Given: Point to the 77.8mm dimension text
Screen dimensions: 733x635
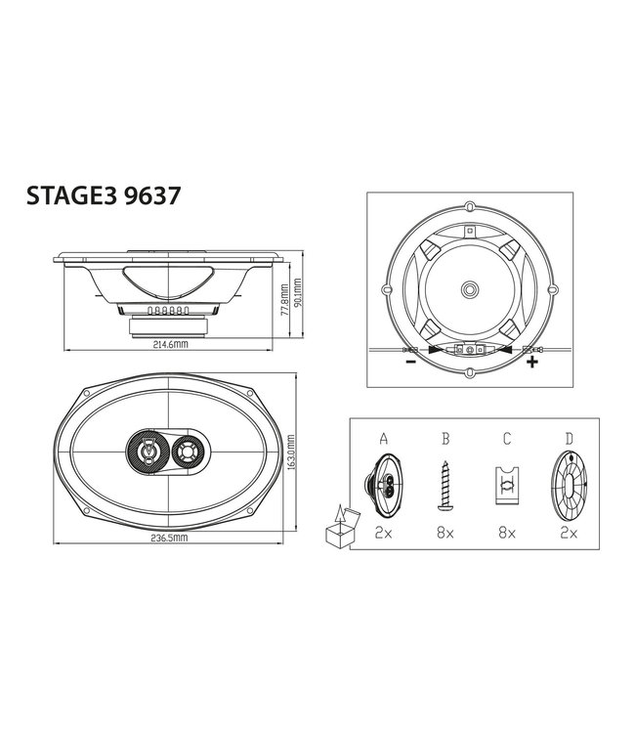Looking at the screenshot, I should point(284,301).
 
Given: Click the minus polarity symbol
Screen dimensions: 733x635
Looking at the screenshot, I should point(409,363).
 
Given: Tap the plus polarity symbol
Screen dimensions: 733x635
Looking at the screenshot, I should point(531,363).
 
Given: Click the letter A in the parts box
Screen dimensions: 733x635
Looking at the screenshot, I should point(384,440).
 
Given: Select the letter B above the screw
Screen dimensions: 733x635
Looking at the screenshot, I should point(444,440).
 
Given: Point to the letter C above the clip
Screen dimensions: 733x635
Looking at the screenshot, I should point(506,440).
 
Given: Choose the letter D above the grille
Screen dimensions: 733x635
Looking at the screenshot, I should point(567,440).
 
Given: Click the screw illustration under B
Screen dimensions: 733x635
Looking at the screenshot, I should point(445,486).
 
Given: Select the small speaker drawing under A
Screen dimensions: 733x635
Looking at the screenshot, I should point(383,485).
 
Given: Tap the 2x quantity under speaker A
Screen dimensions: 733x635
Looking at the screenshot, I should point(384,534).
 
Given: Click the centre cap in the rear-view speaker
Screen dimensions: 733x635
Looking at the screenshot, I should point(470,289).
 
